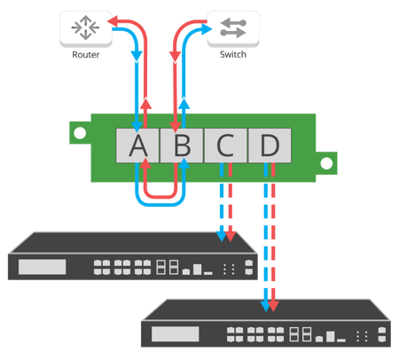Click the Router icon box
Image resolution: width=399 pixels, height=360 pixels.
[x=84, y=28]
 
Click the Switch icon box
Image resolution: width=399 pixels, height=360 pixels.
[x=232, y=28]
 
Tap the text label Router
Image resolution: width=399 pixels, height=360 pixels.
[x=84, y=55]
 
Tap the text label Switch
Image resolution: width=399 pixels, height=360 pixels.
[x=232, y=55]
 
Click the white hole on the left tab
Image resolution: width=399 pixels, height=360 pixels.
[x=80, y=134]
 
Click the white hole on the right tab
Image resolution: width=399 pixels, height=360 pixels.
[x=326, y=163]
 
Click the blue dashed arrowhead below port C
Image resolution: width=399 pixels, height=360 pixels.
[x=220, y=236]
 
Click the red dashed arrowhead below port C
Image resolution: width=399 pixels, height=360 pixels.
[x=231, y=236]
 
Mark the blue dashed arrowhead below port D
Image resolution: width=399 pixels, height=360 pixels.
[x=263, y=307]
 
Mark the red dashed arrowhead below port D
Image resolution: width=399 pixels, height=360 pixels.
[x=274, y=307]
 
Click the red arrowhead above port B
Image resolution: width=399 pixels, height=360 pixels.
[x=175, y=57]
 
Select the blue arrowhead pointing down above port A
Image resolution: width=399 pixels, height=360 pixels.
[x=137, y=57]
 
